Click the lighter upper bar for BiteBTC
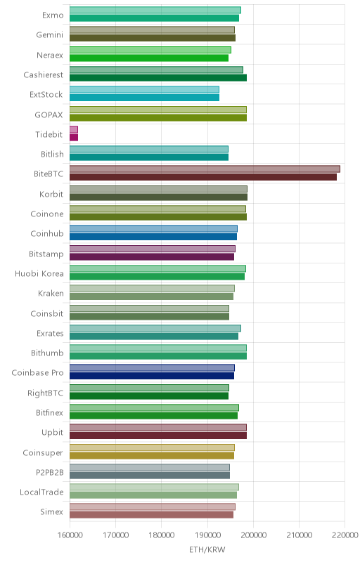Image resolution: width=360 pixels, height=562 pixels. (205, 169)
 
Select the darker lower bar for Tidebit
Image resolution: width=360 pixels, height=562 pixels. (74, 137)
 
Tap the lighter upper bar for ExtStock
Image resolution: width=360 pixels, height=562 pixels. (144, 90)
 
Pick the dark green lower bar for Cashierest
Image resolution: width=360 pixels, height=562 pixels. (158, 78)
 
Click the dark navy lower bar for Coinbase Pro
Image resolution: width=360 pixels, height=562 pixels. (152, 376)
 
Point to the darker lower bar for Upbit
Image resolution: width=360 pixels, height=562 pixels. (158, 436)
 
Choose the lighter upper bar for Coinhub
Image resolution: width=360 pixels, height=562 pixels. (153, 229)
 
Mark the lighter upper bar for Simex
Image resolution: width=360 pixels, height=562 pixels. (153, 507)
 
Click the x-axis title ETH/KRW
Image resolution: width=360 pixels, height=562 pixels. (207, 550)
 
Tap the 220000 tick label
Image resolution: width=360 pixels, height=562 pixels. (345, 535)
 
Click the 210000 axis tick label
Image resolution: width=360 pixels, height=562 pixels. (299, 535)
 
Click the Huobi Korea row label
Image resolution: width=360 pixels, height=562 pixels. (39, 274)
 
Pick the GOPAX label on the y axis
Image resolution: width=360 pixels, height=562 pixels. (49, 115)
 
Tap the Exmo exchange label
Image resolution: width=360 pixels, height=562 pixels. (53, 15)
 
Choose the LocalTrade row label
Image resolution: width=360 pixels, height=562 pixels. (41, 492)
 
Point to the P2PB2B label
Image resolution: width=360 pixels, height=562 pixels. (49, 472)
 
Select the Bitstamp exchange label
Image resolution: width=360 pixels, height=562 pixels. (46, 254)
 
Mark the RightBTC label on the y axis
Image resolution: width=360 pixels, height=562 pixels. (46, 393)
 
